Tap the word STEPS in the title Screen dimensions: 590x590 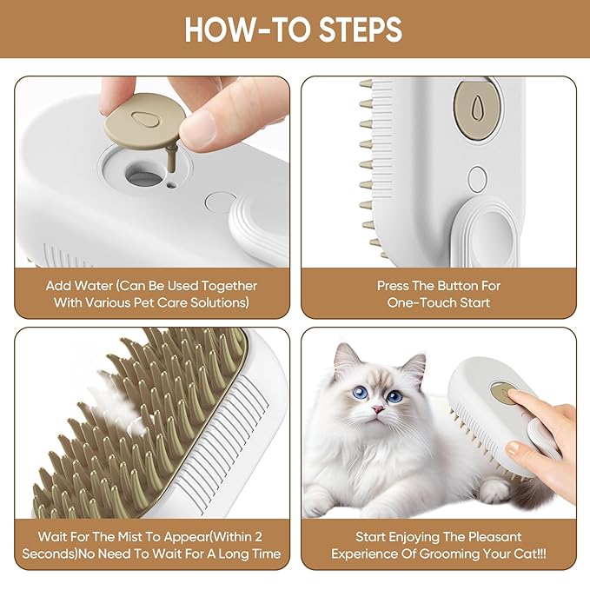coord(357,30)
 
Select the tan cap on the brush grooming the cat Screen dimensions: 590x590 coord(503,393)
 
